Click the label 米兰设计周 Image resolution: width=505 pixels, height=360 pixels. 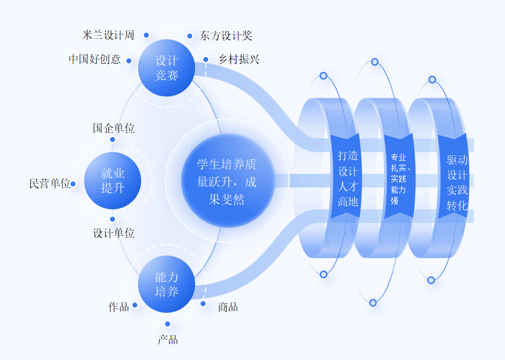click(108, 35)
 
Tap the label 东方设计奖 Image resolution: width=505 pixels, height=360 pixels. click(226, 36)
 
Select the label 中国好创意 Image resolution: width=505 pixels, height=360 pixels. click(94, 59)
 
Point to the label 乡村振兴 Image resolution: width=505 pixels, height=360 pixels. click(239, 59)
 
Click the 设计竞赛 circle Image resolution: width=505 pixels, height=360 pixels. click(167, 68)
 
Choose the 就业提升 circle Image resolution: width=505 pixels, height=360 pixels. click(113, 181)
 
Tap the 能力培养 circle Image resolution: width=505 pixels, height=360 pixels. click(167, 284)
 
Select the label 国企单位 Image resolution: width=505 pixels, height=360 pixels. click(114, 128)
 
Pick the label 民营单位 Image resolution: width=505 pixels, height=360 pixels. click(50, 184)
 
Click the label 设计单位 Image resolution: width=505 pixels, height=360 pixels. click(114, 233)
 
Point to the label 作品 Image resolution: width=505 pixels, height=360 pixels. click(119, 307)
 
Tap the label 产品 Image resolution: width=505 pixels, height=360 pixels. click(168, 339)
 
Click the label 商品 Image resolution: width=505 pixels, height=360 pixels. click(228, 307)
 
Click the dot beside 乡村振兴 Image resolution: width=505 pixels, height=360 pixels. click(206, 59)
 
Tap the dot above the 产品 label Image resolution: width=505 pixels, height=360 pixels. click(168, 324)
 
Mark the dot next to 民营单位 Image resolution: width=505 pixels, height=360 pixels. click(73, 184)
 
